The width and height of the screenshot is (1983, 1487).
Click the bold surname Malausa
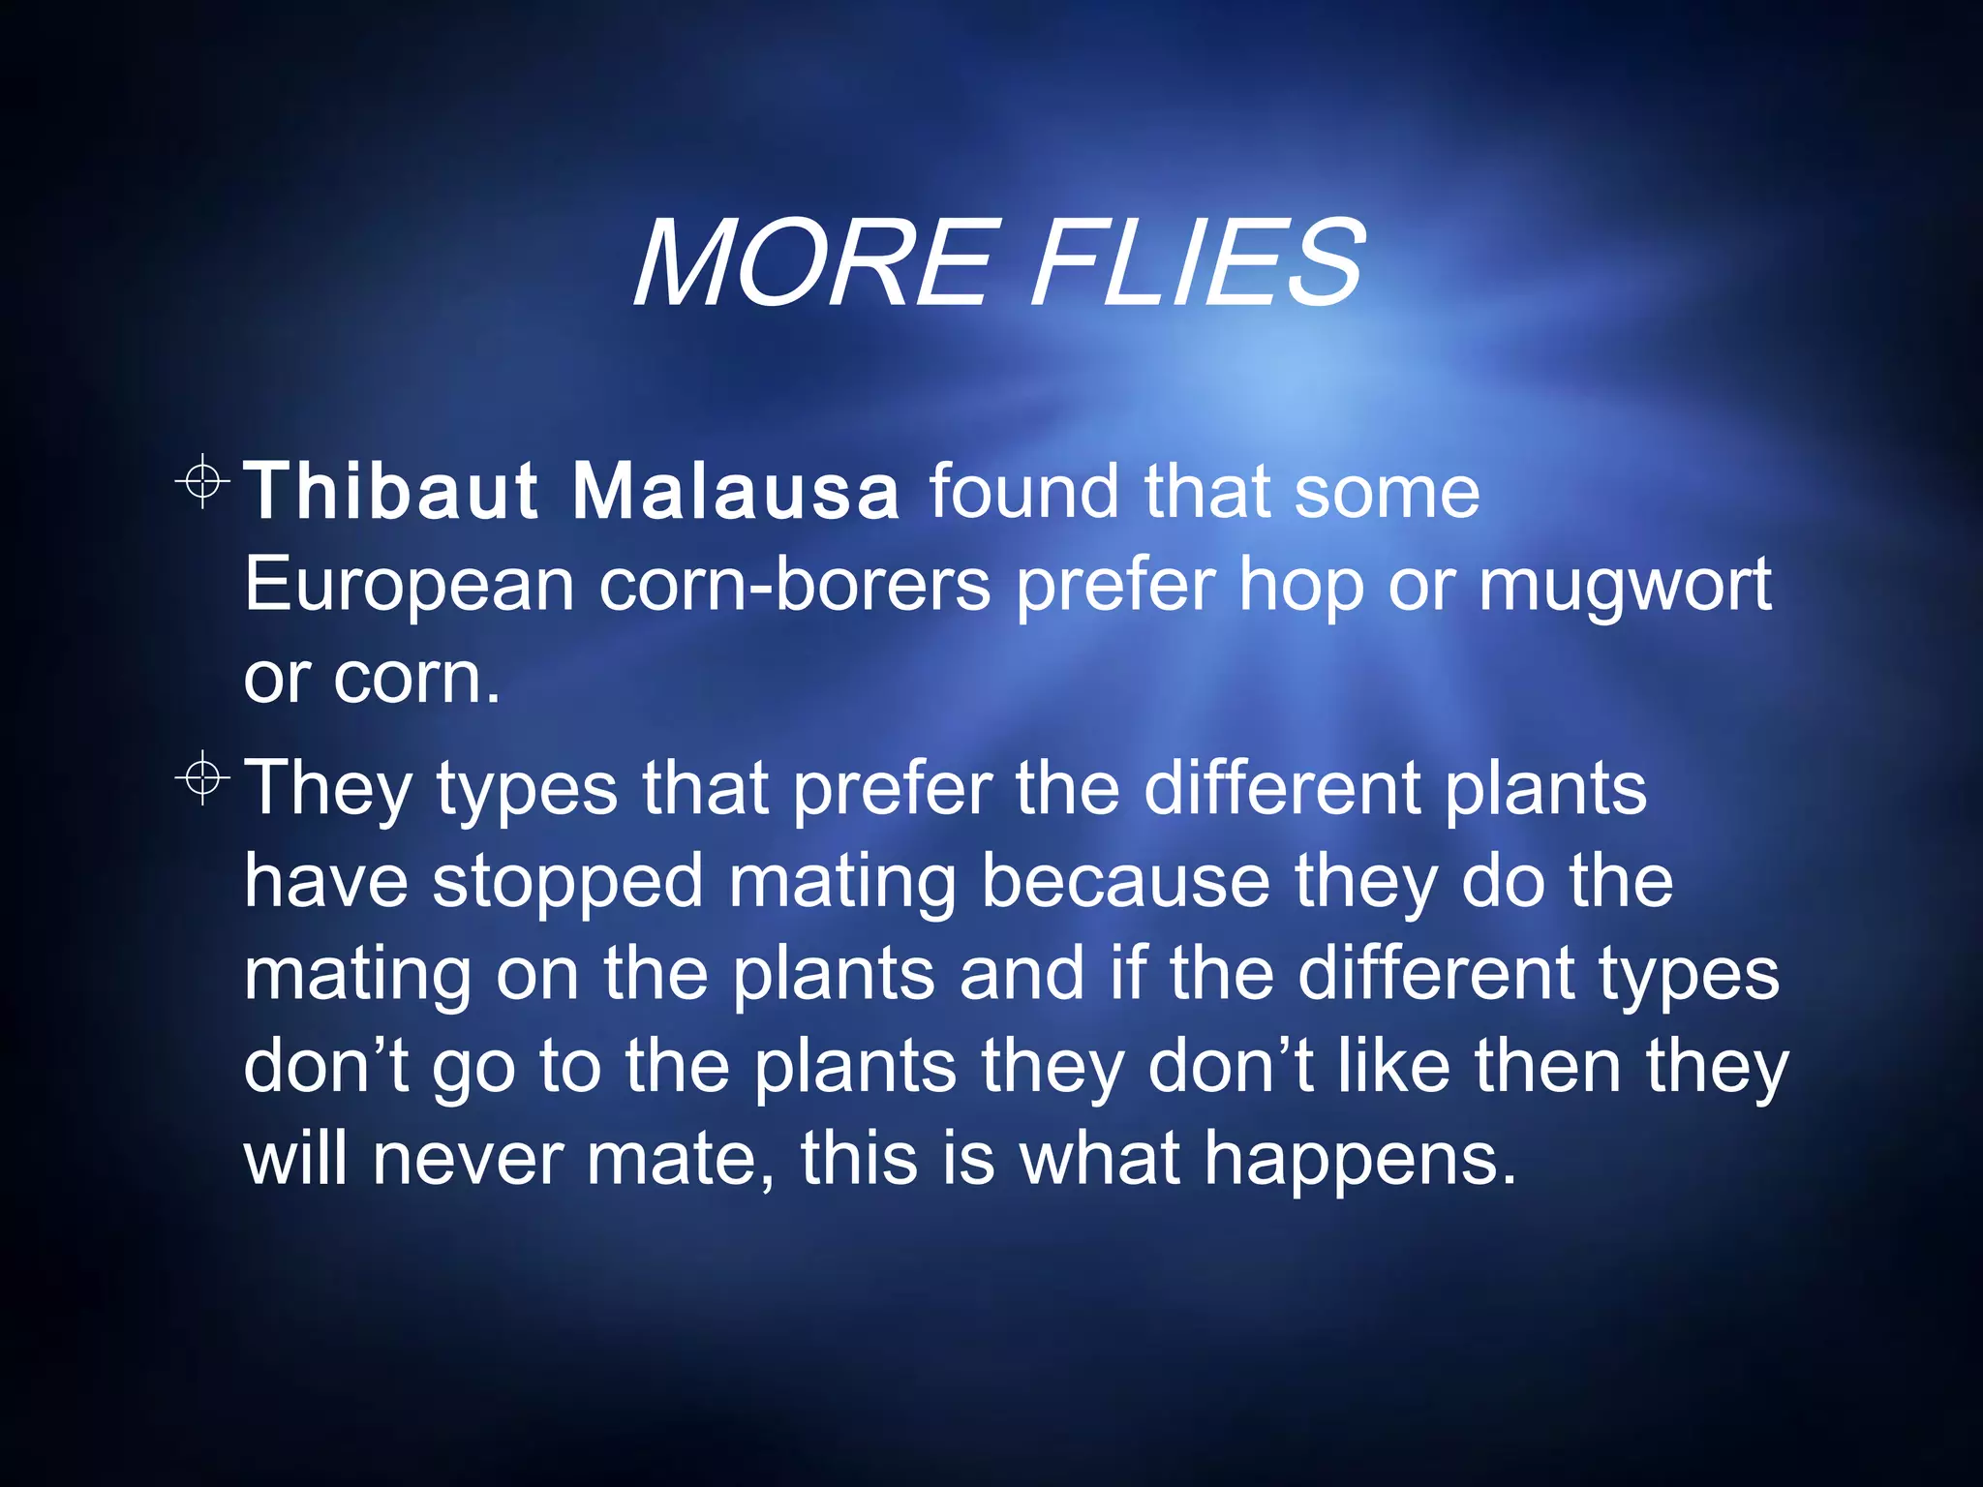[x=736, y=491]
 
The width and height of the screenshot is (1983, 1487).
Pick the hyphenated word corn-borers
[x=795, y=585]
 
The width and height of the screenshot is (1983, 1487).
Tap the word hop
[x=1301, y=587]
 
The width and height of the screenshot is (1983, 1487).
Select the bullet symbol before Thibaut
[x=202, y=479]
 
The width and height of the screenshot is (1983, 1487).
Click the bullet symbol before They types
[x=202, y=776]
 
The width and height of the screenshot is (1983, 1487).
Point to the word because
[x=1125, y=881]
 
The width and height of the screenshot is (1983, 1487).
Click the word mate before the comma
[x=676, y=1159]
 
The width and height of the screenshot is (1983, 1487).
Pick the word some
[x=1387, y=491]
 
